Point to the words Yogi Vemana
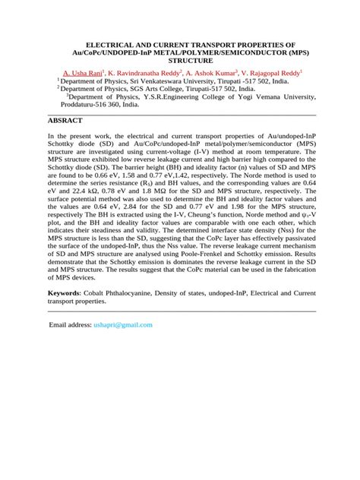(x=254, y=97)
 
